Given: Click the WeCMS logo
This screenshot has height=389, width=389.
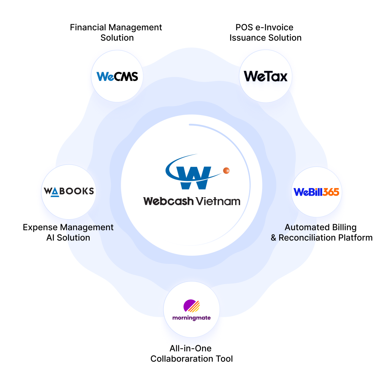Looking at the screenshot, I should pos(117,76).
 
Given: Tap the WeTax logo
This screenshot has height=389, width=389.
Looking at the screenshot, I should pos(266,76).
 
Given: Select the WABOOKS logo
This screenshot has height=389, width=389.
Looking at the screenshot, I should pos(69,191).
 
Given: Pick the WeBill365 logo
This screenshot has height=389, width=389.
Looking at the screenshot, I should pos(316,192).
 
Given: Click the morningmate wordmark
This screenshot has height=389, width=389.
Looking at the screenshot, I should pos(191,317).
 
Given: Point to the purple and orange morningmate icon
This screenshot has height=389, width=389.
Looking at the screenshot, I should pos(191,306).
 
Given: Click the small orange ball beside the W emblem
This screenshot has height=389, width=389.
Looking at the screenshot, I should pos(226,170).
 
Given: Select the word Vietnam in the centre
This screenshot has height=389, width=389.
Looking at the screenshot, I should pos(218,201).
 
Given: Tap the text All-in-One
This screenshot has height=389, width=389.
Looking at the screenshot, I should pos(191,348).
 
